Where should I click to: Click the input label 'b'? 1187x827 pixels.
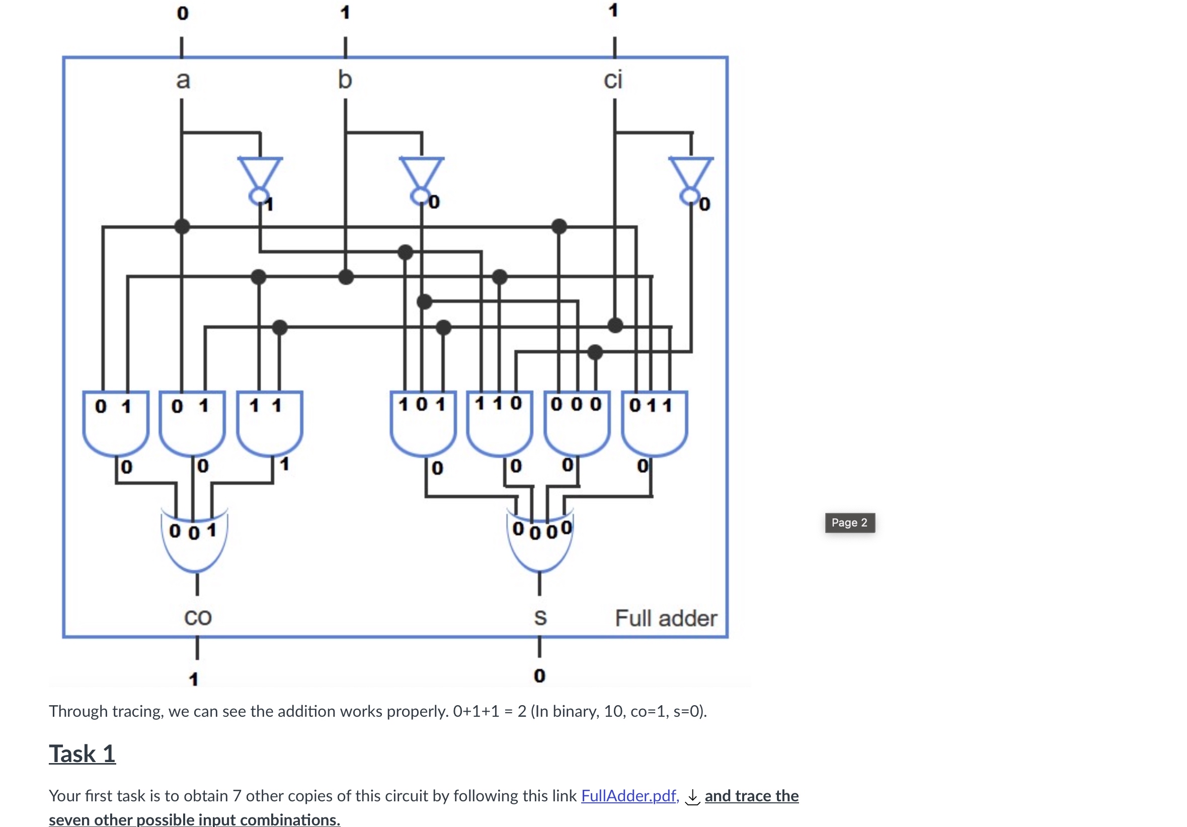point(345,80)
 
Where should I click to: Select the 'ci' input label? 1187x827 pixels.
point(613,80)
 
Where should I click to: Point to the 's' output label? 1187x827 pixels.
point(540,617)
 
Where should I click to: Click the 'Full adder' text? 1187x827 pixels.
point(665,618)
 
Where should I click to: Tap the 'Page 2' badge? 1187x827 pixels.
point(849,522)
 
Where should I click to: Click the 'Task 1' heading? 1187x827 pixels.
point(82,754)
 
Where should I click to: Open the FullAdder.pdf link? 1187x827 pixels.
point(629,795)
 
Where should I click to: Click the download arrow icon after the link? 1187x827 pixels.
point(692,796)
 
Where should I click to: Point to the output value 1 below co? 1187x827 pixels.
point(194,679)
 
